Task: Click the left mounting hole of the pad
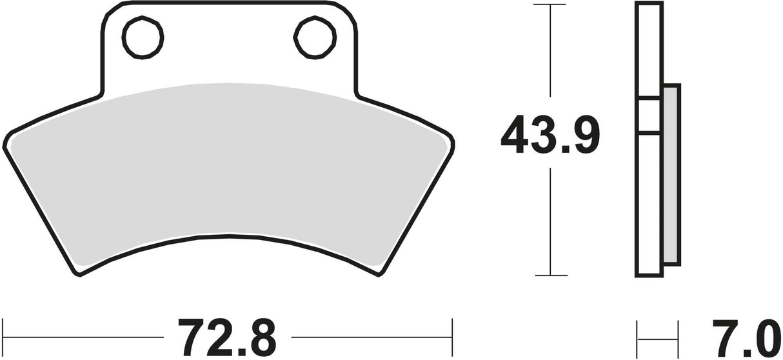pos(144,37)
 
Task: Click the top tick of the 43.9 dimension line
pos(550,5)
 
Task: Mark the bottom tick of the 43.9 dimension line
pos(550,275)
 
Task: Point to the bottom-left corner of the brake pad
pos(79,275)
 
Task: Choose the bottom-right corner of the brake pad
pos(378,275)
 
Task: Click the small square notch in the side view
pos(649,116)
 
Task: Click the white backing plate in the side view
pos(649,206)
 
